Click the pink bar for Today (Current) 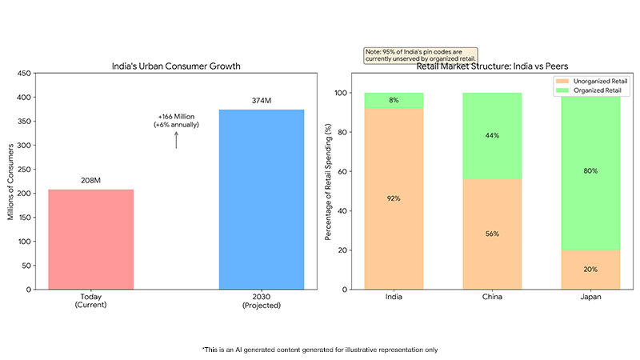coord(90,239)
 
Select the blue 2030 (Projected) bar coord(262,199)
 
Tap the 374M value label coord(262,101)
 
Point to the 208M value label coord(90,181)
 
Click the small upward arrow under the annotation coord(176,140)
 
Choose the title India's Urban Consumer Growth coord(176,66)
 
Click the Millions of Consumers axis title coord(12,182)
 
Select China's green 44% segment coord(491,136)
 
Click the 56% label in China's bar coord(491,234)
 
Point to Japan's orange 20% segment coord(590,270)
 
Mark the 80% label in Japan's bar coord(590,170)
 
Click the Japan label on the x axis coord(590,298)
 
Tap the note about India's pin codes coord(420,54)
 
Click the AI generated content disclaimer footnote coord(320,350)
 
